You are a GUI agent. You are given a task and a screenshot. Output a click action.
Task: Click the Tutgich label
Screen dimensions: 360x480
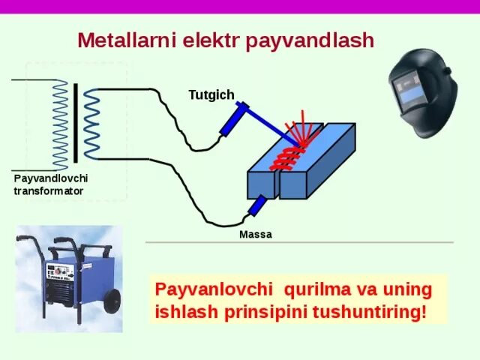tap(211, 95)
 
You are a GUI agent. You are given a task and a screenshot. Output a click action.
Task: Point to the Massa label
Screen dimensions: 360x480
tap(255, 235)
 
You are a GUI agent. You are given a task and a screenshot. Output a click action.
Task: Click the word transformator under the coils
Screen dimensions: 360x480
tap(48, 191)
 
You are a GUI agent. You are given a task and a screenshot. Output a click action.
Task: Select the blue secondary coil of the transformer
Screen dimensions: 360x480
tap(91, 124)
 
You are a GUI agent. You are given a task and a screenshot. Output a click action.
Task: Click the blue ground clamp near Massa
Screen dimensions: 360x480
tap(256, 205)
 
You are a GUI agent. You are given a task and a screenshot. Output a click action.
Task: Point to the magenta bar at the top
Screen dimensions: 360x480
tap(240, 6)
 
